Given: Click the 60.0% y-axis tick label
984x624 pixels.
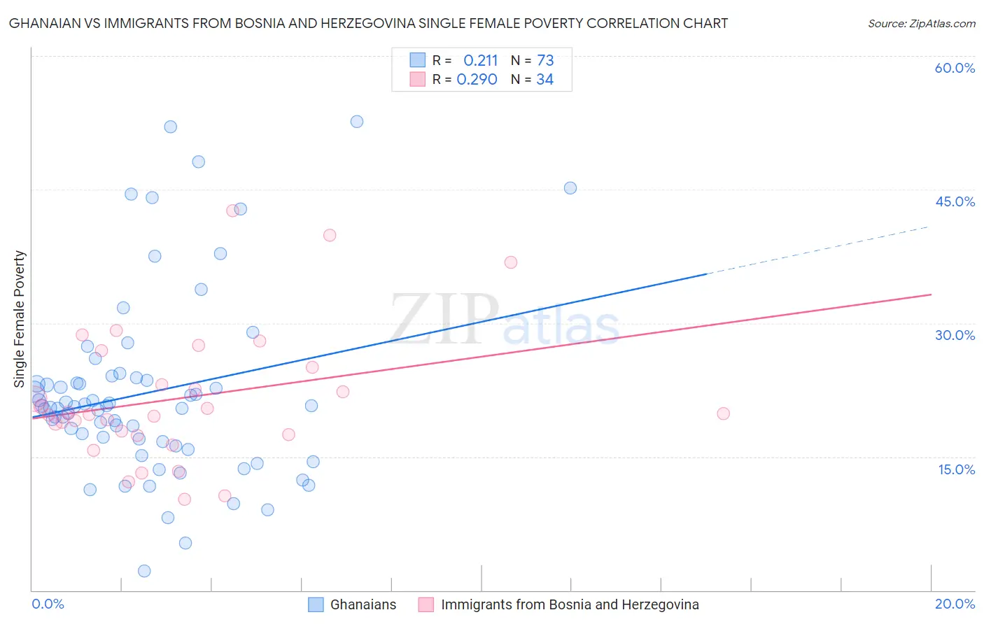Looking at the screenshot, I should [955, 68].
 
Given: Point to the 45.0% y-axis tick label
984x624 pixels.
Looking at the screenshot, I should [955, 201].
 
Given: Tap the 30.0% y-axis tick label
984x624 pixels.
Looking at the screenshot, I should [955, 335].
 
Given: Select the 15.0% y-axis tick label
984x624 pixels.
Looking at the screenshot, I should [956, 469].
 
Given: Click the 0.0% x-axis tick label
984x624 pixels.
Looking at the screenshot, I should [48, 604].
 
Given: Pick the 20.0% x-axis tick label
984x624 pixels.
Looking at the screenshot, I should [955, 604].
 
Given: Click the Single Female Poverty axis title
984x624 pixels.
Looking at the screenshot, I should [20, 319].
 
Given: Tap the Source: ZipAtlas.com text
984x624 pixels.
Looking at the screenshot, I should [921, 23].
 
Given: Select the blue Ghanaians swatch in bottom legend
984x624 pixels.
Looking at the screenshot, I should [316, 604].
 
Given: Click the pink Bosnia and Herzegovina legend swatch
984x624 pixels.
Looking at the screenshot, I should [426, 604].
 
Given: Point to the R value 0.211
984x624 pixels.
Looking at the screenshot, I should [480, 60].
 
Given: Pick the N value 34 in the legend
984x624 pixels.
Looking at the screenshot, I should [544, 80].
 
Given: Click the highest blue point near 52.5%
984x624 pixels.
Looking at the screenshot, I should [357, 122].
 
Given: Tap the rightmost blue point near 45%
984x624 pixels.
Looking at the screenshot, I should [570, 188].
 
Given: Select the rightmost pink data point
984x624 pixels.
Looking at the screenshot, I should [724, 413].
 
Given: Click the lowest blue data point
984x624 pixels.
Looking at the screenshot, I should [144, 571].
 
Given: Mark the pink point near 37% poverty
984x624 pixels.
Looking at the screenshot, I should [511, 262].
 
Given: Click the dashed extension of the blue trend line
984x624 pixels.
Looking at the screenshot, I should [819, 250].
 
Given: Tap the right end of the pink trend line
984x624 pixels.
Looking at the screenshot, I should [930, 295].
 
